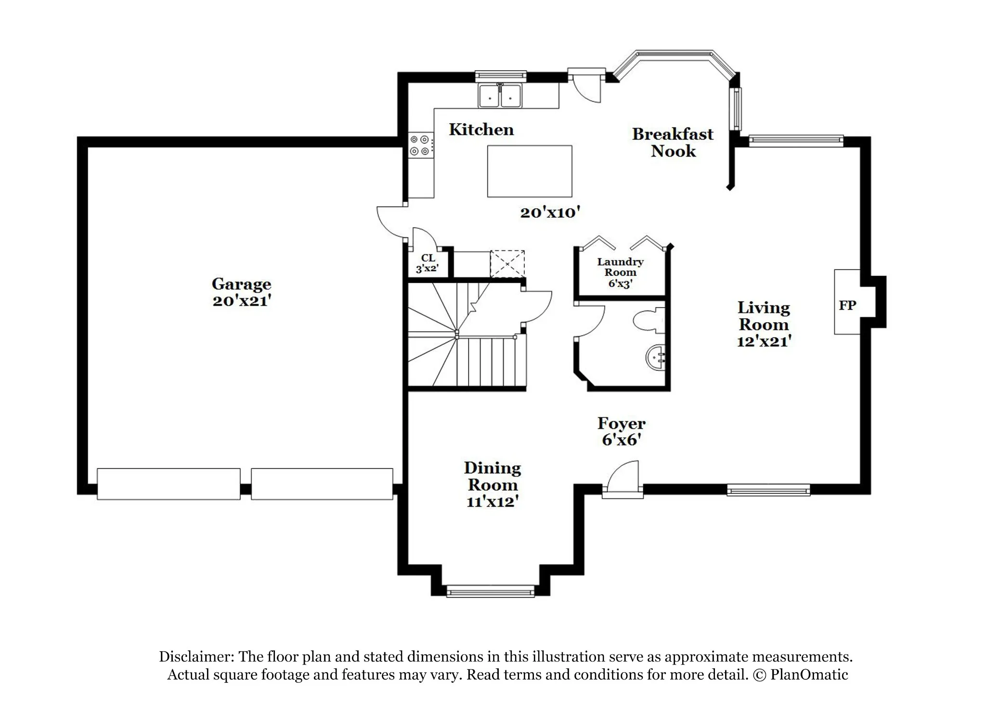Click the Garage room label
click(242, 284)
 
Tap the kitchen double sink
click(500, 95)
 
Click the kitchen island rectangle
click(530, 171)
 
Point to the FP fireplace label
click(847, 305)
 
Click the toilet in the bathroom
click(649, 321)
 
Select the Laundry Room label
click(620, 267)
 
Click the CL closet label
click(428, 258)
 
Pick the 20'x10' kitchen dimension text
click(550, 212)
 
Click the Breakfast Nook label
click(673, 142)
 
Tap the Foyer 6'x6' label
click(622, 431)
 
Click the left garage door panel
click(169, 484)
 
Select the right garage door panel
click(322, 484)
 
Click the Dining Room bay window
click(491, 591)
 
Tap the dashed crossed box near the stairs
click(507, 263)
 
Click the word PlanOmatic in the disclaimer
click(809, 675)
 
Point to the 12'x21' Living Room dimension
click(764, 341)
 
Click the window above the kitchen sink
click(501, 76)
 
